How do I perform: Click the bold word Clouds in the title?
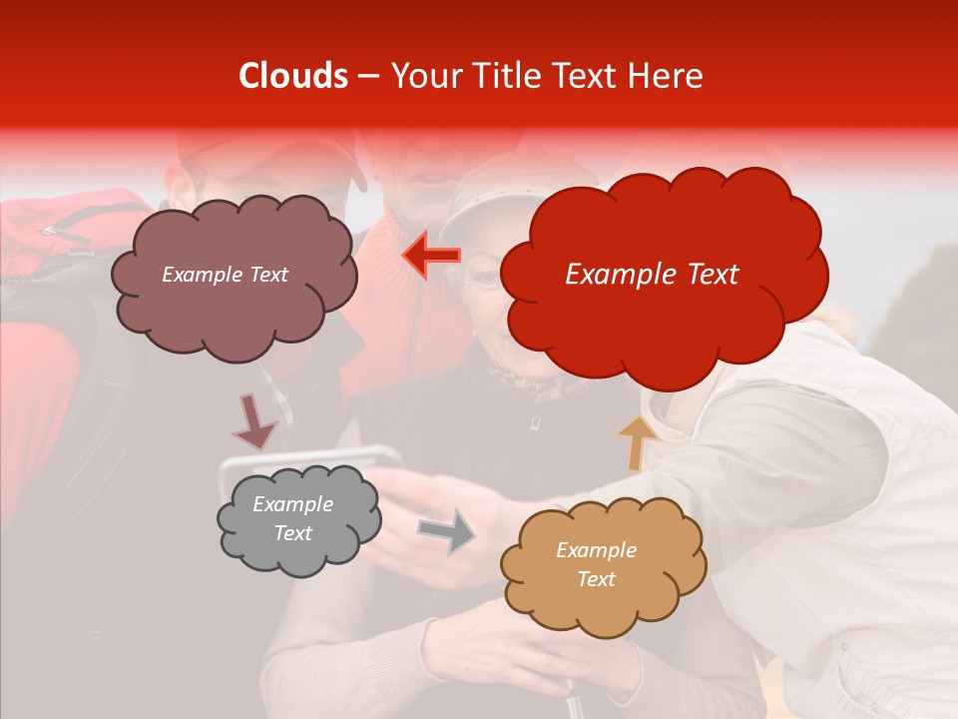tap(293, 76)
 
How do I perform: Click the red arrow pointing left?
tap(431, 255)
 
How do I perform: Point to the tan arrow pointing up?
tap(634, 442)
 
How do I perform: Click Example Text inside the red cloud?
tap(652, 275)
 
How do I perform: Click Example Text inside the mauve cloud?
tap(225, 275)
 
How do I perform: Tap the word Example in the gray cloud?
tap(292, 504)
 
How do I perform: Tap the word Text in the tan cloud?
tap(596, 579)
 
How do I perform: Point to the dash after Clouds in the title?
tap(367, 77)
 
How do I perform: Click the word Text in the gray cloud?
tap(292, 533)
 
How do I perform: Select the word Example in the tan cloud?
tap(596, 550)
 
